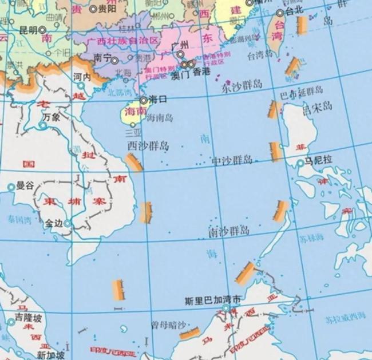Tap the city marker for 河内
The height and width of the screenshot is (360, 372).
[80, 85]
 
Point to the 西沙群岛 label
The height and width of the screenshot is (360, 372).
[148, 146]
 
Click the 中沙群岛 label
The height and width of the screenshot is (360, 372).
[232, 160]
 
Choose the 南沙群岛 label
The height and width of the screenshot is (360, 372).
[229, 231]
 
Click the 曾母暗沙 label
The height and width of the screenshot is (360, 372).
[169, 325]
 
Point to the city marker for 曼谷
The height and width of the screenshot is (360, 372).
[11, 187]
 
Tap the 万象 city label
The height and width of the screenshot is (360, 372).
[51, 116]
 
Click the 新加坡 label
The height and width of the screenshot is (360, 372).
[51, 355]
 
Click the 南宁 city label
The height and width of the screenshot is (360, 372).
[101, 58]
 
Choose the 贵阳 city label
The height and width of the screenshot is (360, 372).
[106, 9]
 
